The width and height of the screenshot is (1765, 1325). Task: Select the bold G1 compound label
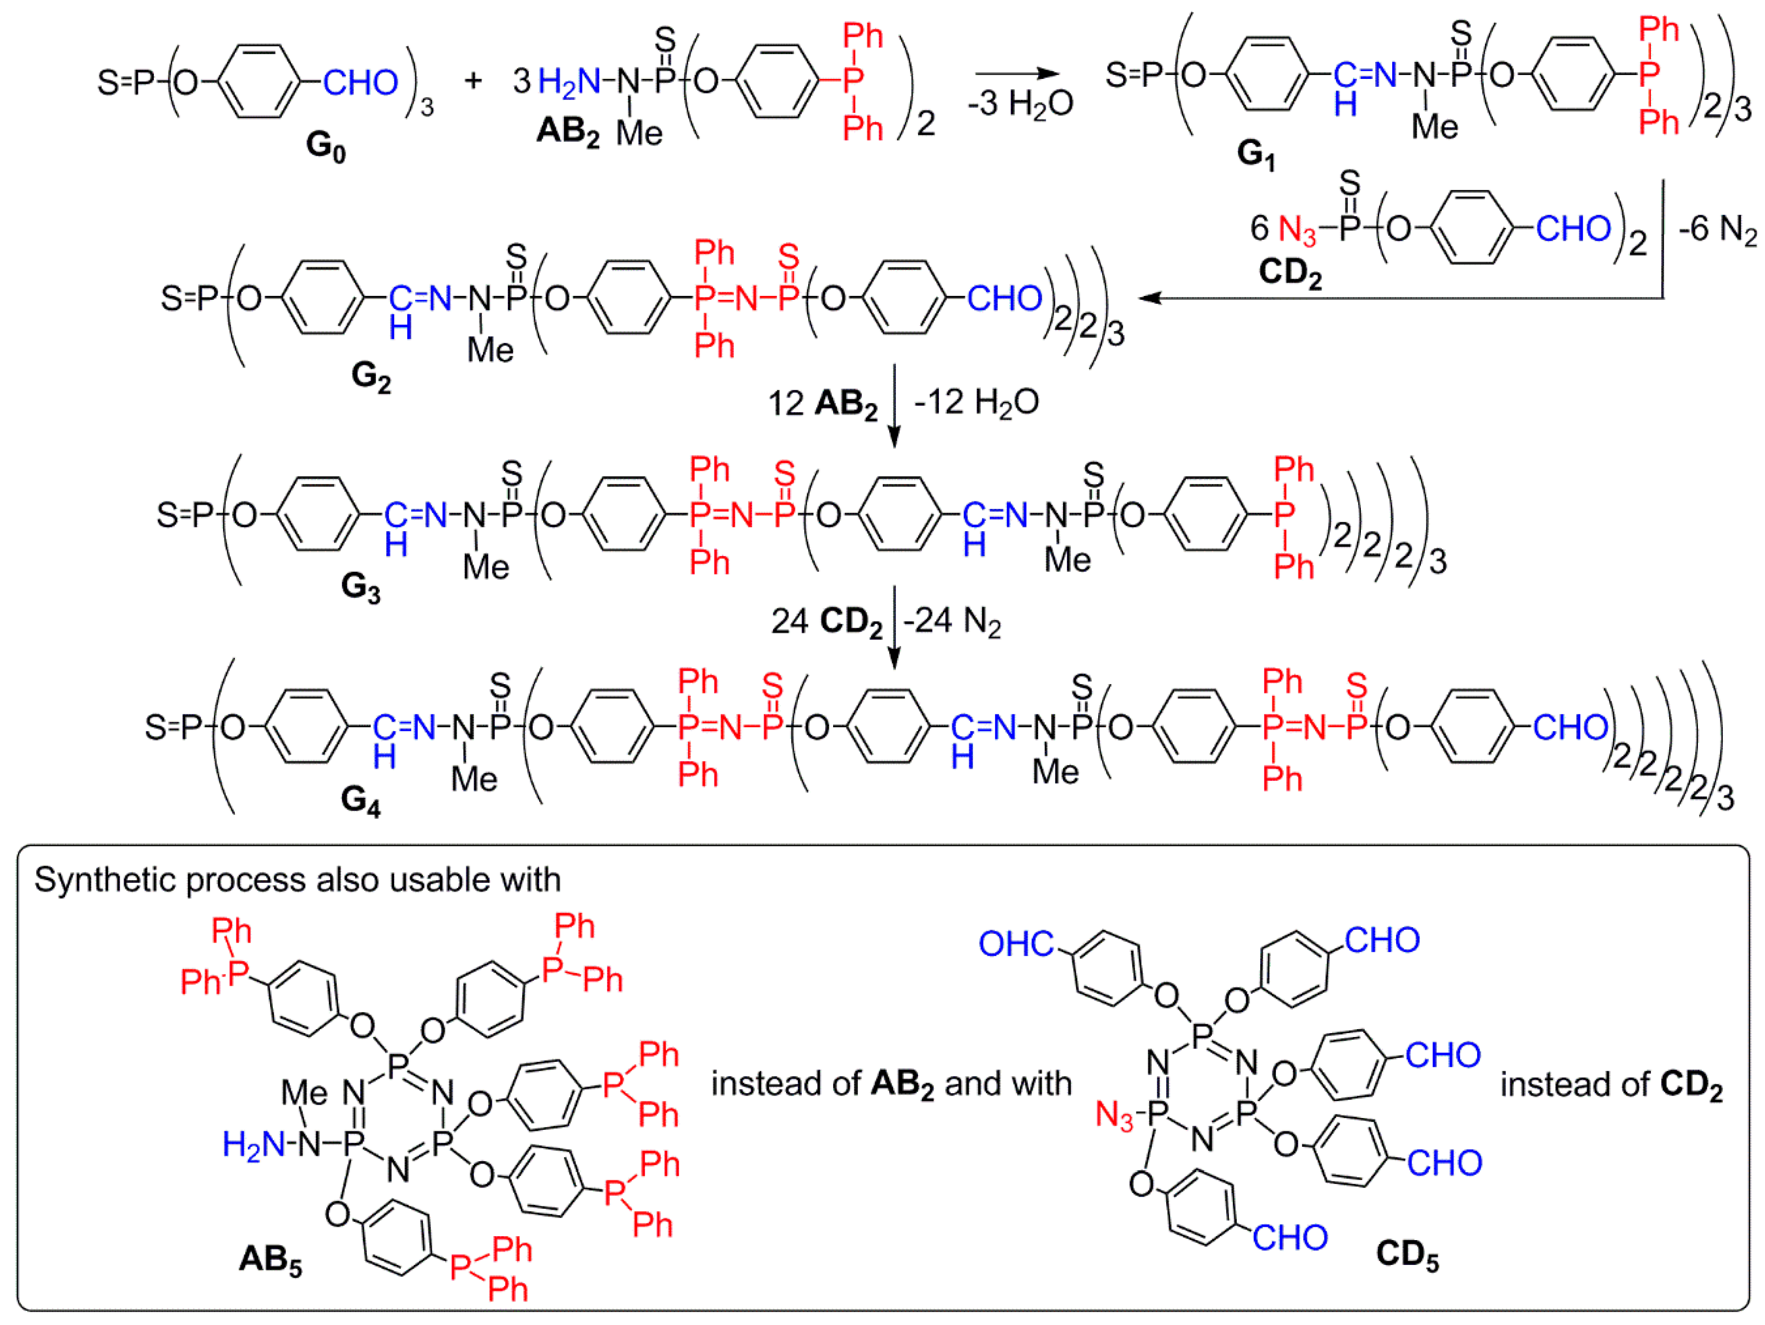pyautogui.click(x=1256, y=154)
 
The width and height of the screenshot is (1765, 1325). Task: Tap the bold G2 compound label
pyautogui.click(x=371, y=376)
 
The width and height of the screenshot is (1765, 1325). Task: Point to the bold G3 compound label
pyautogui.click(x=360, y=588)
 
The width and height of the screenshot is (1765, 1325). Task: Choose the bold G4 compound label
pyautogui.click(x=360, y=800)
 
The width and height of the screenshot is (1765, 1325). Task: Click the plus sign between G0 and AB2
pyautogui.click(x=473, y=80)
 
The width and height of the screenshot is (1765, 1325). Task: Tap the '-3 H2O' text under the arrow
pyautogui.click(x=1021, y=104)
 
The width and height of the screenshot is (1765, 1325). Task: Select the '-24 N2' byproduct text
pyautogui.click(x=952, y=621)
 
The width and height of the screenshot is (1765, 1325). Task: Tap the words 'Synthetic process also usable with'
pyautogui.click(x=297, y=880)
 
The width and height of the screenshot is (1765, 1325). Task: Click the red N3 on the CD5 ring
pyautogui.click(x=1114, y=1115)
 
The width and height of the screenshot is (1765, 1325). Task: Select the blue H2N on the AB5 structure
pyautogui.click(x=254, y=1145)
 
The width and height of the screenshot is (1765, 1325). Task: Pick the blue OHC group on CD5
pyautogui.click(x=1016, y=945)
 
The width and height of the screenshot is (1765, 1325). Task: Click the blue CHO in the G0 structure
pyautogui.click(x=360, y=83)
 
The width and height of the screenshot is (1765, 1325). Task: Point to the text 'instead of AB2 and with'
pyautogui.click(x=891, y=1084)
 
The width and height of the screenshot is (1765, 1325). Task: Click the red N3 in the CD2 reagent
pyautogui.click(x=1297, y=230)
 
